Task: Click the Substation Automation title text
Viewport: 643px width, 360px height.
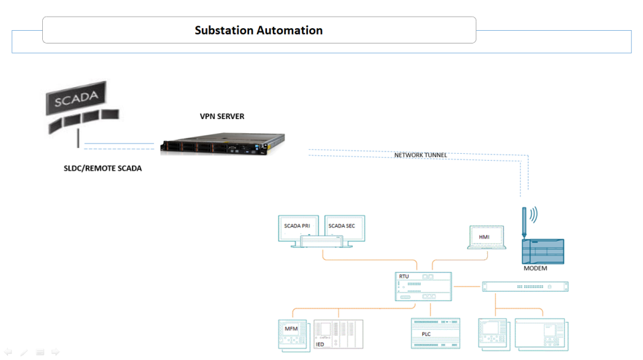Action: [x=258, y=30]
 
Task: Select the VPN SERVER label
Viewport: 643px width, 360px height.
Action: [x=222, y=116]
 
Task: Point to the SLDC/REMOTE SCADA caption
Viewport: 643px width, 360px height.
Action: [x=98, y=169]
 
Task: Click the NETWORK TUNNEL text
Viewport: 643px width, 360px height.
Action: [x=420, y=155]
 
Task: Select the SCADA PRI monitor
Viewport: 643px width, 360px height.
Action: [x=297, y=228]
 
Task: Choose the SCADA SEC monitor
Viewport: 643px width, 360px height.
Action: [x=341, y=228]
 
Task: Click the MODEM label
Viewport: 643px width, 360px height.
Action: [x=535, y=268]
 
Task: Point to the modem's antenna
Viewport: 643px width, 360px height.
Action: [x=525, y=221]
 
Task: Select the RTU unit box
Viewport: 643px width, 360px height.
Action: [x=423, y=286]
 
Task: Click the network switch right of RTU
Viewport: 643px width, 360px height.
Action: [x=525, y=286]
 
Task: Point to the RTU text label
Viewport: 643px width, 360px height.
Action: [x=403, y=276]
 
